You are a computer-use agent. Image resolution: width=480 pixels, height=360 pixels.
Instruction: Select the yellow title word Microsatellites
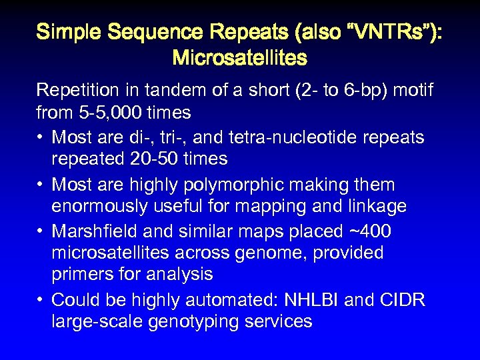click(x=239, y=58)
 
